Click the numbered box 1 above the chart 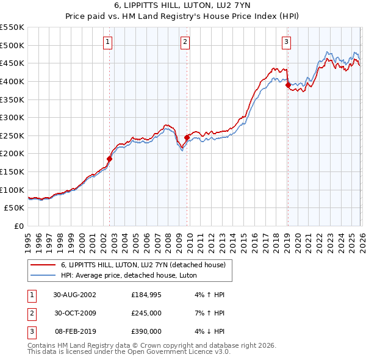pyautogui.click(x=107, y=42)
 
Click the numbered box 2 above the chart pyautogui.click(x=185, y=42)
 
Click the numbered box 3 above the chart pyautogui.click(x=286, y=42)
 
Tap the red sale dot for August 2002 pyautogui.click(x=110, y=159)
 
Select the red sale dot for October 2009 pyautogui.click(x=187, y=137)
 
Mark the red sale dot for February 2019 pyautogui.click(x=287, y=85)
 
